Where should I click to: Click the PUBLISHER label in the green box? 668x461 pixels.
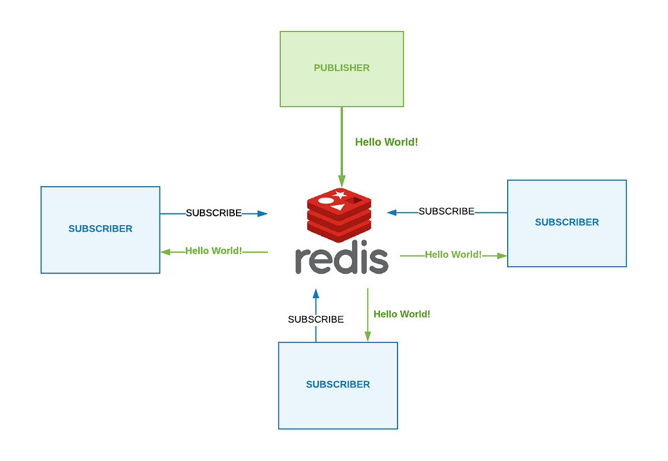(341, 68)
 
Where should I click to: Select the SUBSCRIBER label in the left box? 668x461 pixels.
(100, 229)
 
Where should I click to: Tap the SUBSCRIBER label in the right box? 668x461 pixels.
(567, 222)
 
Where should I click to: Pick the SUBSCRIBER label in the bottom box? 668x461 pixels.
(338, 385)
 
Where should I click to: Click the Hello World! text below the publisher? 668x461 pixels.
(386, 142)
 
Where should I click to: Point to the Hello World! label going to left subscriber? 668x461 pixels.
(214, 251)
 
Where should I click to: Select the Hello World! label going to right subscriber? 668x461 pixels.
(453, 255)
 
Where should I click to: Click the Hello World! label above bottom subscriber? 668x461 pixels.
(401, 314)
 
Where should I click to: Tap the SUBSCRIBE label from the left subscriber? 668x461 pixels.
(214, 213)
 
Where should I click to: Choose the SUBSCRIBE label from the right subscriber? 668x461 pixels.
(446, 211)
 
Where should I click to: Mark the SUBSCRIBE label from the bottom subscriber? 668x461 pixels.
(316, 319)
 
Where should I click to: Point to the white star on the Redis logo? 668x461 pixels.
(339, 195)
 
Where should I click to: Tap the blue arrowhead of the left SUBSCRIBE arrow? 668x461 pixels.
(262, 213)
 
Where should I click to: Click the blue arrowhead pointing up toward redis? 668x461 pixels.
(316, 294)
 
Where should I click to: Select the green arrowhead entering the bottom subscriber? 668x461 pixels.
(368, 336)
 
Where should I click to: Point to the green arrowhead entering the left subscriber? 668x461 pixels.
(165, 252)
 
